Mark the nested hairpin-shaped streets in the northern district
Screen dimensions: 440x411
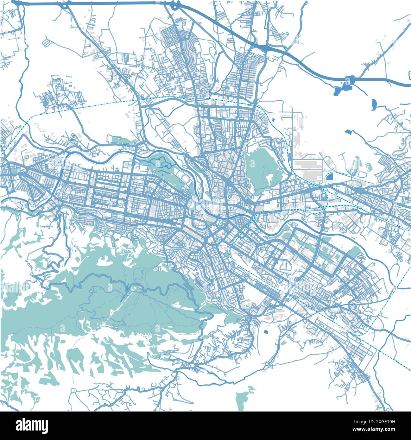(x=192, y=51)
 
